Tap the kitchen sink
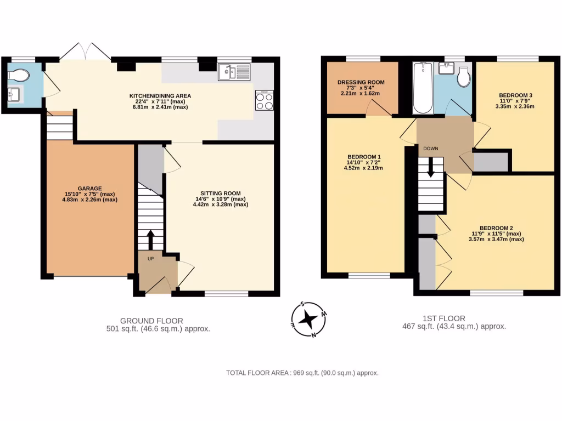(233, 71)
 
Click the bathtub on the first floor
(423, 87)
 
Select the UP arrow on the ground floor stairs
(150, 240)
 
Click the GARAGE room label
(89, 189)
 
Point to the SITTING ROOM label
(221, 193)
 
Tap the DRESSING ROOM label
(361, 82)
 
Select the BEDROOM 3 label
(515, 95)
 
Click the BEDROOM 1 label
(364, 157)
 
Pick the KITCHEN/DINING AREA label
(160, 95)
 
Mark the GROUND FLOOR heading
(151, 321)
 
